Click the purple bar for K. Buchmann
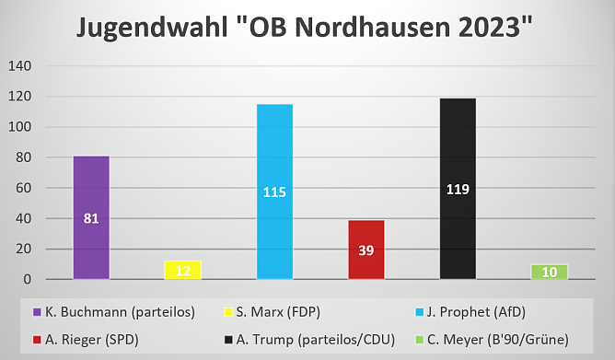click(x=91, y=217)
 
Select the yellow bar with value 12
click(x=182, y=270)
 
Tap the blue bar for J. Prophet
click(x=274, y=192)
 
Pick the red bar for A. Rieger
click(x=366, y=250)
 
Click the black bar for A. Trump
click(x=458, y=189)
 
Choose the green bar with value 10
click(x=550, y=272)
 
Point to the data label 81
click(x=91, y=219)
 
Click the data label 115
click(x=274, y=192)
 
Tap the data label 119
click(x=458, y=190)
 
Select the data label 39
click(x=366, y=250)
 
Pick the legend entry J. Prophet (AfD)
click(x=472, y=312)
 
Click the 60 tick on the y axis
click(x=22, y=188)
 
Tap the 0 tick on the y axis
click(x=27, y=279)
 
